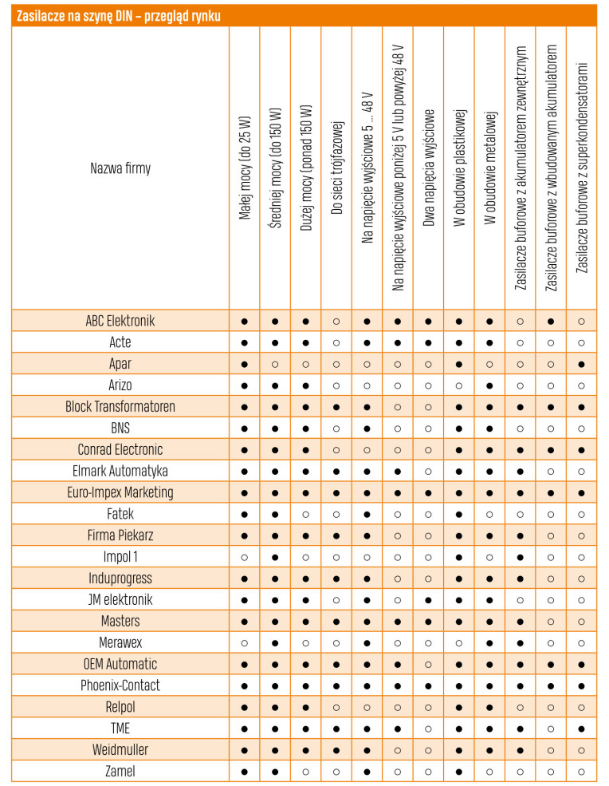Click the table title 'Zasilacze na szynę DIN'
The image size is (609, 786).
tap(119, 16)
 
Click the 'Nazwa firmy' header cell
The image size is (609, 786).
tap(120, 168)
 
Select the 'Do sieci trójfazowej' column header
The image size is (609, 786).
tap(336, 168)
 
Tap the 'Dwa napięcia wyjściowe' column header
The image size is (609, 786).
tap(429, 168)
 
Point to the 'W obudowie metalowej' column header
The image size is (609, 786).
tap(489, 168)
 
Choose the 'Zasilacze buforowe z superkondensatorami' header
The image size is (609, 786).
tap(582, 168)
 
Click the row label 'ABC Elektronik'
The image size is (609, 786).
tap(120, 321)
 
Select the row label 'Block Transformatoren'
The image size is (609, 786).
tap(120, 407)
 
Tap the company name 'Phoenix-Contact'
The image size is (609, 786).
tap(120, 685)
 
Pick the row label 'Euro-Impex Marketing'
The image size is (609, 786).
tap(120, 492)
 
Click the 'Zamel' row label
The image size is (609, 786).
tap(120, 772)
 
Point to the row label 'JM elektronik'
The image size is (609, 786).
tap(120, 600)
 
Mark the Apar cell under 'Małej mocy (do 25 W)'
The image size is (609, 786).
tap(245, 364)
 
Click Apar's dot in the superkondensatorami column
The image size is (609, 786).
tap(582, 364)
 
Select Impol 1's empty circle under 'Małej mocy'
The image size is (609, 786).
tap(245, 557)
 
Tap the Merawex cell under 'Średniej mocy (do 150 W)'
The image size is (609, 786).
tap(275, 642)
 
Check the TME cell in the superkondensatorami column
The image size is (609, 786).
tap(582, 729)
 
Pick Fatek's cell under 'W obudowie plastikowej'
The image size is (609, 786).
tap(459, 514)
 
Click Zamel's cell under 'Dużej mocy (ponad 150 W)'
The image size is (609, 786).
tap(305, 772)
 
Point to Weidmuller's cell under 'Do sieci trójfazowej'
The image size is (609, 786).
tap(336, 750)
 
